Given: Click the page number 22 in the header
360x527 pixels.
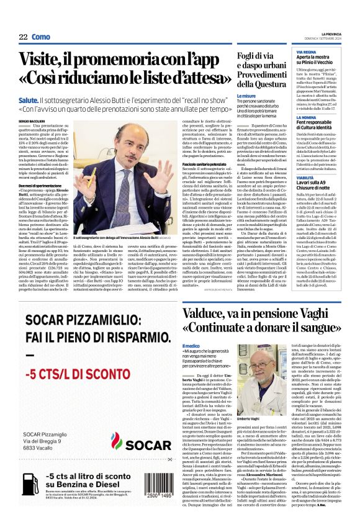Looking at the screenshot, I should (x=23, y=37).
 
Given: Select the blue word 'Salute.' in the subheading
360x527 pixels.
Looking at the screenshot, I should (x=29, y=99).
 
